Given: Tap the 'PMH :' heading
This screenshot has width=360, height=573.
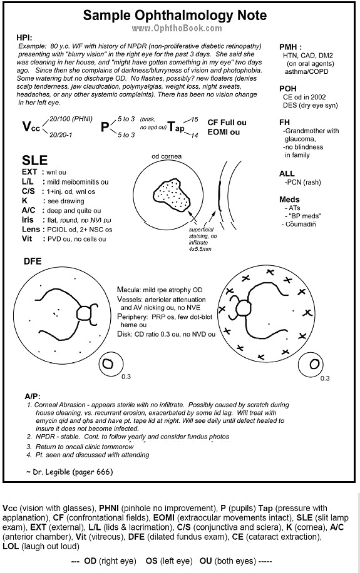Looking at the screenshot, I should click(290, 47).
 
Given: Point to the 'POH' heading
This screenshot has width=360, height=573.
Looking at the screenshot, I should click(287, 89).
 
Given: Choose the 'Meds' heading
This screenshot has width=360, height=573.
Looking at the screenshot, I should click(289, 200).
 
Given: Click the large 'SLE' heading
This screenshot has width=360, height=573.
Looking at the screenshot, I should click(34, 160).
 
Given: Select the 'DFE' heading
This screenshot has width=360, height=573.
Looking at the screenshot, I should click(33, 261).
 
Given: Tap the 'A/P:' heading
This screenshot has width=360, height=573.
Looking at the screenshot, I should click(33, 397).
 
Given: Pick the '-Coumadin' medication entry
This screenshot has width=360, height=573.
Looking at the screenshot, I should click(298, 223).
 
